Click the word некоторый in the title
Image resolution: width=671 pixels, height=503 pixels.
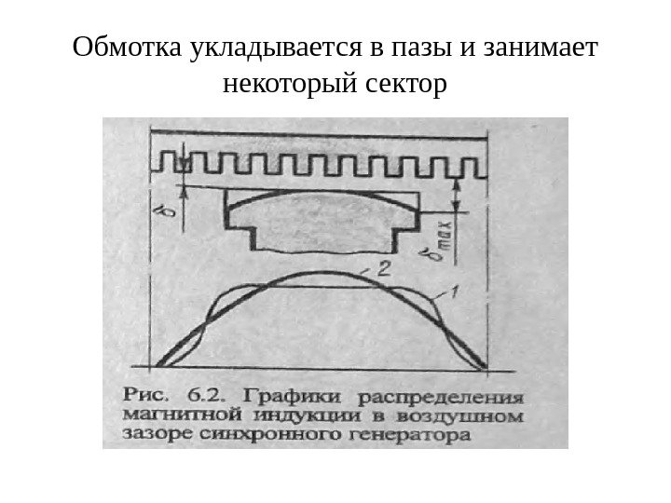(286, 86)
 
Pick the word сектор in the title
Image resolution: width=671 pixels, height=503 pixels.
(401, 86)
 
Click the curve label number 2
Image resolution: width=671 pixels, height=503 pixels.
(383, 268)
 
